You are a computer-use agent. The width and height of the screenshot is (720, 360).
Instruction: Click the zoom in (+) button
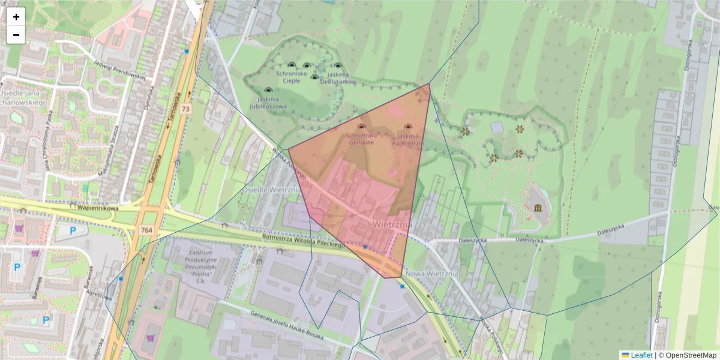click(x=16, y=17)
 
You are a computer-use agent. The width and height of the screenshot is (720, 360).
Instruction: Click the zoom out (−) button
click(x=16, y=35)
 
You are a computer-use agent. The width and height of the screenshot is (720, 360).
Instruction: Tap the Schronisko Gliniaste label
click(x=360, y=139)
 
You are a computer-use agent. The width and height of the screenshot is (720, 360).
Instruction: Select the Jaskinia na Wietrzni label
click(x=408, y=140)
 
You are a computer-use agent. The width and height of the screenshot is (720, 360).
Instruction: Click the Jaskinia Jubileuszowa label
click(x=268, y=102)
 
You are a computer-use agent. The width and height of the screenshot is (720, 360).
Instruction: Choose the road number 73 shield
click(x=185, y=109)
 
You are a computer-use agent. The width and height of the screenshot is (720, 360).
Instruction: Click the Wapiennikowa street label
click(x=98, y=208)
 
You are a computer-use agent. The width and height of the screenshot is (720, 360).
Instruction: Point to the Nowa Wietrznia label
click(x=432, y=274)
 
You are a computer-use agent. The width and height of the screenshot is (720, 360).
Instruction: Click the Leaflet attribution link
click(x=641, y=355)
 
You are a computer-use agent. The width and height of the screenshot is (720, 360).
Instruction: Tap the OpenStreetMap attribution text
click(x=688, y=355)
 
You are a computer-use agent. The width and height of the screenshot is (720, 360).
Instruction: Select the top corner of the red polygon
click(x=430, y=83)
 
